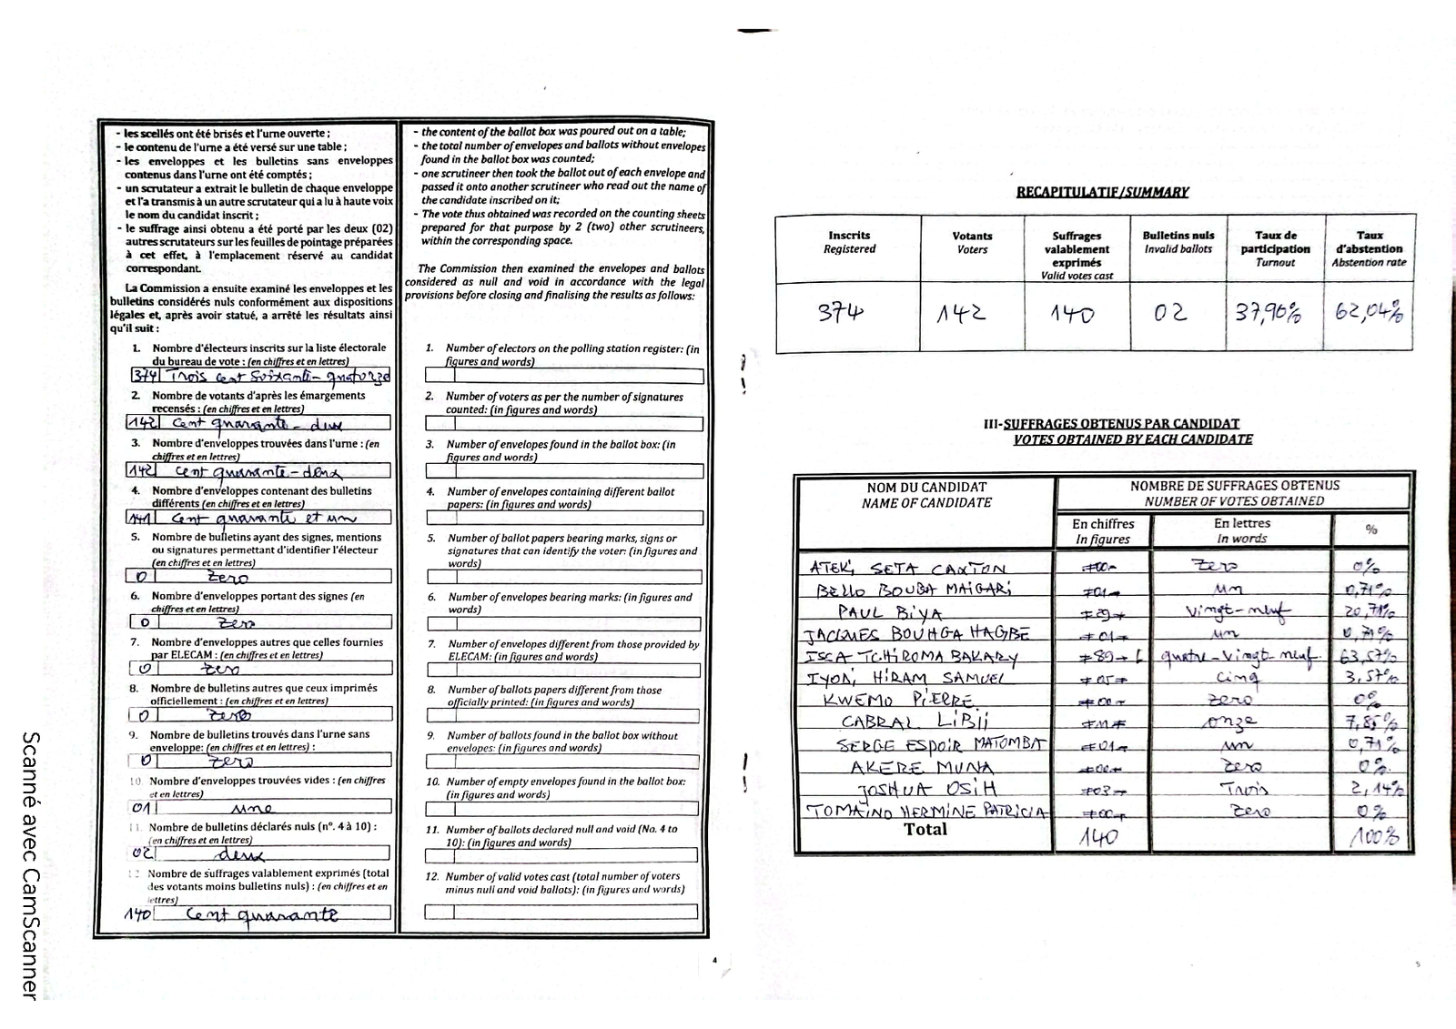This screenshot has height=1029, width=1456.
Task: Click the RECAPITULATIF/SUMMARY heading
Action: (x=1102, y=192)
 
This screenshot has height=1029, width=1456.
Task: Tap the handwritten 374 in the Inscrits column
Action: (x=840, y=313)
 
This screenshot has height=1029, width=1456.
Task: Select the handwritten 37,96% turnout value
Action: (x=1268, y=313)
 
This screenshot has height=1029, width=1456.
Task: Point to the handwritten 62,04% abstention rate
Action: (x=1369, y=312)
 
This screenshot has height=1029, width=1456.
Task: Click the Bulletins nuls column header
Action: (x=1178, y=242)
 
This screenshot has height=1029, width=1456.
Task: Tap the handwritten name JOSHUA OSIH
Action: (x=926, y=788)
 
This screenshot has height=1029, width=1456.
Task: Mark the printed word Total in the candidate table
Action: (x=925, y=830)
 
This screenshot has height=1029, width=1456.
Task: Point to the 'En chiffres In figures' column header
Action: (x=1103, y=531)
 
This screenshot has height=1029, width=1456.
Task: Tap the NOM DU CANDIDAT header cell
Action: (x=926, y=495)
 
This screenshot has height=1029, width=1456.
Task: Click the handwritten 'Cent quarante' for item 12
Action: (x=261, y=914)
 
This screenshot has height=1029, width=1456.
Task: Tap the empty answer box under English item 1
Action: (x=564, y=376)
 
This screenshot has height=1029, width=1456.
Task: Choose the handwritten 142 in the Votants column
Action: (x=962, y=314)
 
